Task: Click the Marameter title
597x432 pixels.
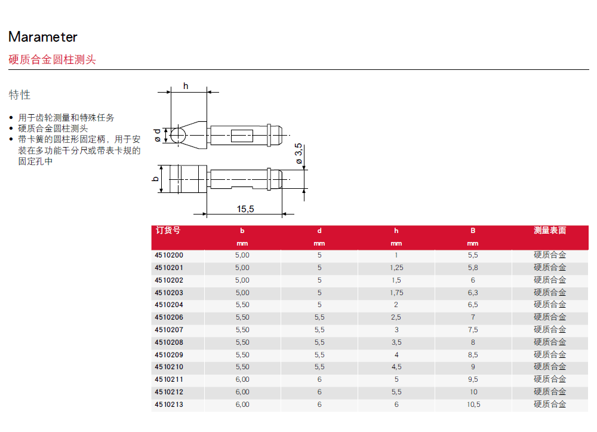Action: point(42,37)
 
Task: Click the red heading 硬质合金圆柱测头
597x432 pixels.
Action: point(52,59)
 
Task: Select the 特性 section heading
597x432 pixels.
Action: point(20,94)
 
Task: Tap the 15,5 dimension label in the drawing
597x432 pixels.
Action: point(245,209)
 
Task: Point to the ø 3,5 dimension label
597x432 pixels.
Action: point(299,154)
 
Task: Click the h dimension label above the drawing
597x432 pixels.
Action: point(186,86)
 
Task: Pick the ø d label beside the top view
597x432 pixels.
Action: point(157,135)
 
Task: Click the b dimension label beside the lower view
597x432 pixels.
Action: point(155,179)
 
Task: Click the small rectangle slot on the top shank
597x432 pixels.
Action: point(242,136)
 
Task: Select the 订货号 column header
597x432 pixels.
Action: point(168,230)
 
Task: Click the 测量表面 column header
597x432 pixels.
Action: point(550,230)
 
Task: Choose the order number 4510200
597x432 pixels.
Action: point(169,255)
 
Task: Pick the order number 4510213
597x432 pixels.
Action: point(169,405)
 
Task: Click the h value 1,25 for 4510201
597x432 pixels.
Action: point(396,268)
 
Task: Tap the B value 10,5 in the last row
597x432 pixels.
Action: point(473,405)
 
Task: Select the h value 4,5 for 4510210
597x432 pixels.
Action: point(396,367)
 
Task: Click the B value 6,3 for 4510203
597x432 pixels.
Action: point(473,293)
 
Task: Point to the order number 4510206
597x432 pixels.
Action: point(169,317)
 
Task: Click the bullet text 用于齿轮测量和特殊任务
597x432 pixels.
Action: point(66,118)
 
